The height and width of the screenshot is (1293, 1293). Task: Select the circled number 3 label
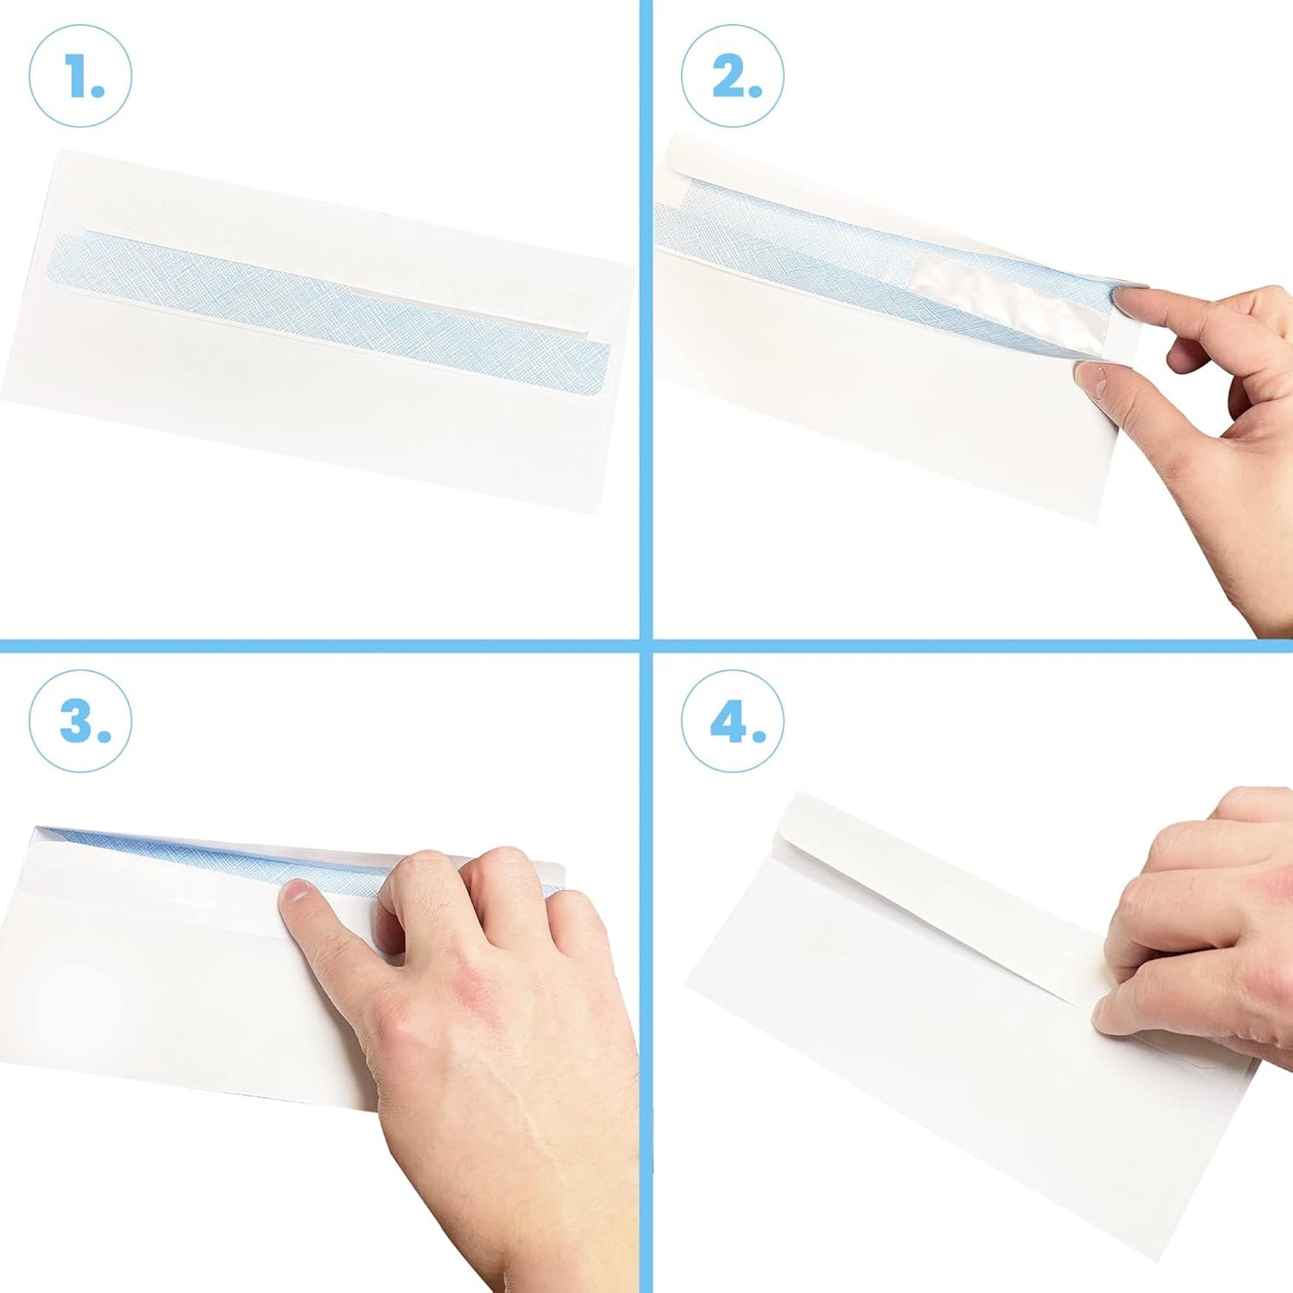(x=81, y=721)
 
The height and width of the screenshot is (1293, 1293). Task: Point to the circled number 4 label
(x=732, y=721)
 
